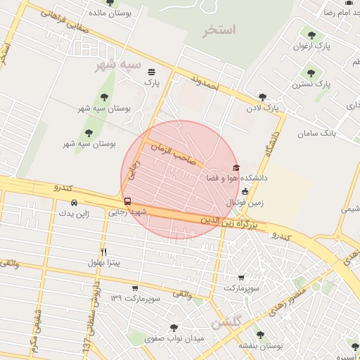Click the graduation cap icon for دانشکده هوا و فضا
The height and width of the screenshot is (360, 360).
pos(236,167)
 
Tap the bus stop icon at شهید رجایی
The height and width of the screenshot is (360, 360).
pos(127,201)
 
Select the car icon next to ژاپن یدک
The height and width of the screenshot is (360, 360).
pos(74,203)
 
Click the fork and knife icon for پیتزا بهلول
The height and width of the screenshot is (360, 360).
pos(104,252)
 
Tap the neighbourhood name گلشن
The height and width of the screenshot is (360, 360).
pos(226,323)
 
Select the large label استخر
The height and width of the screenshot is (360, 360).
pos(219,30)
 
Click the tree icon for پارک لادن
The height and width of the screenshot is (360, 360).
pos(262,97)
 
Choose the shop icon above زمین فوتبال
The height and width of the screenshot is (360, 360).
pos(245,191)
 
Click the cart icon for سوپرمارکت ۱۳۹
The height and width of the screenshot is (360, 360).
pos(135,288)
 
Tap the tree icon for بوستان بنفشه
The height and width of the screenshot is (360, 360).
pos(260,335)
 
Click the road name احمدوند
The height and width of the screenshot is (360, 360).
pos(209,89)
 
